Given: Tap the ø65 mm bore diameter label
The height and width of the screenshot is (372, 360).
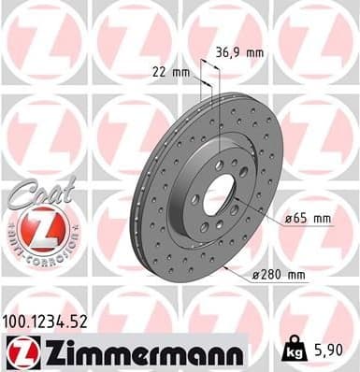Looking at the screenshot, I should (310, 218).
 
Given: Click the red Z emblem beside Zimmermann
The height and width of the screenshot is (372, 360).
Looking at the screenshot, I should (18, 352).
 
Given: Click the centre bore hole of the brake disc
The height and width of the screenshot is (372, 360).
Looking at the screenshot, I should (220, 193).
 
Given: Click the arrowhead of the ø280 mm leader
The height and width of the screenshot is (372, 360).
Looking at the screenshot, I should (226, 265).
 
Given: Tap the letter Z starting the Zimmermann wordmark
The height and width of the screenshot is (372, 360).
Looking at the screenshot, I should (45, 351).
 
